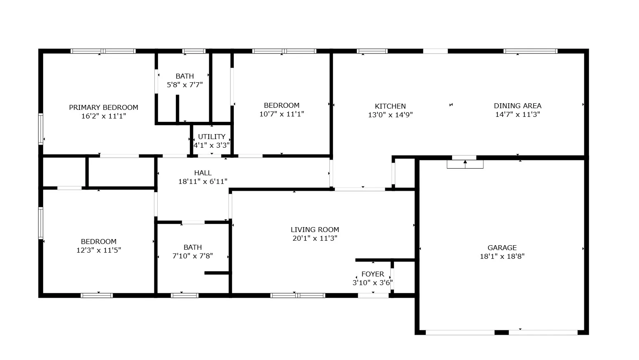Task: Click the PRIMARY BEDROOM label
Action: [x=103, y=107]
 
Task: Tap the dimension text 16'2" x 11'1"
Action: [x=103, y=116]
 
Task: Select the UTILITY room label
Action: [x=212, y=137]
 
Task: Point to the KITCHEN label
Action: [x=390, y=106]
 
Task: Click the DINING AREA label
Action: [x=518, y=106]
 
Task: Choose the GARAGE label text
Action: [x=502, y=248]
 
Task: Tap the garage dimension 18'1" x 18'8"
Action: [x=502, y=256]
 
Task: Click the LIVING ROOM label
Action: [x=315, y=230]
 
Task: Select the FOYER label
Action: [x=373, y=274]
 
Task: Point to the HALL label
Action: [x=203, y=173]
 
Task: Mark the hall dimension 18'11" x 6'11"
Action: [x=203, y=181]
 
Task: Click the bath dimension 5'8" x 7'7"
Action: [x=184, y=85]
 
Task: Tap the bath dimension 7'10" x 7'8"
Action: [x=193, y=256]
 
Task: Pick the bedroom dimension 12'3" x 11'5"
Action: [x=99, y=250]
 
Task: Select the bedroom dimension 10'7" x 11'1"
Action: [x=282, y=114]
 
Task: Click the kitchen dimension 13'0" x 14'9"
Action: [x=390, y=115]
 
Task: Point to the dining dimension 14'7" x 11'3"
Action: [x=518, y=114]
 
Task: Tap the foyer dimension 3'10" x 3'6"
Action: [x=373, y=283]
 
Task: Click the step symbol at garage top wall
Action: [x=465, y=163]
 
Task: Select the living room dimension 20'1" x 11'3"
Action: [x=315, y=238]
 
